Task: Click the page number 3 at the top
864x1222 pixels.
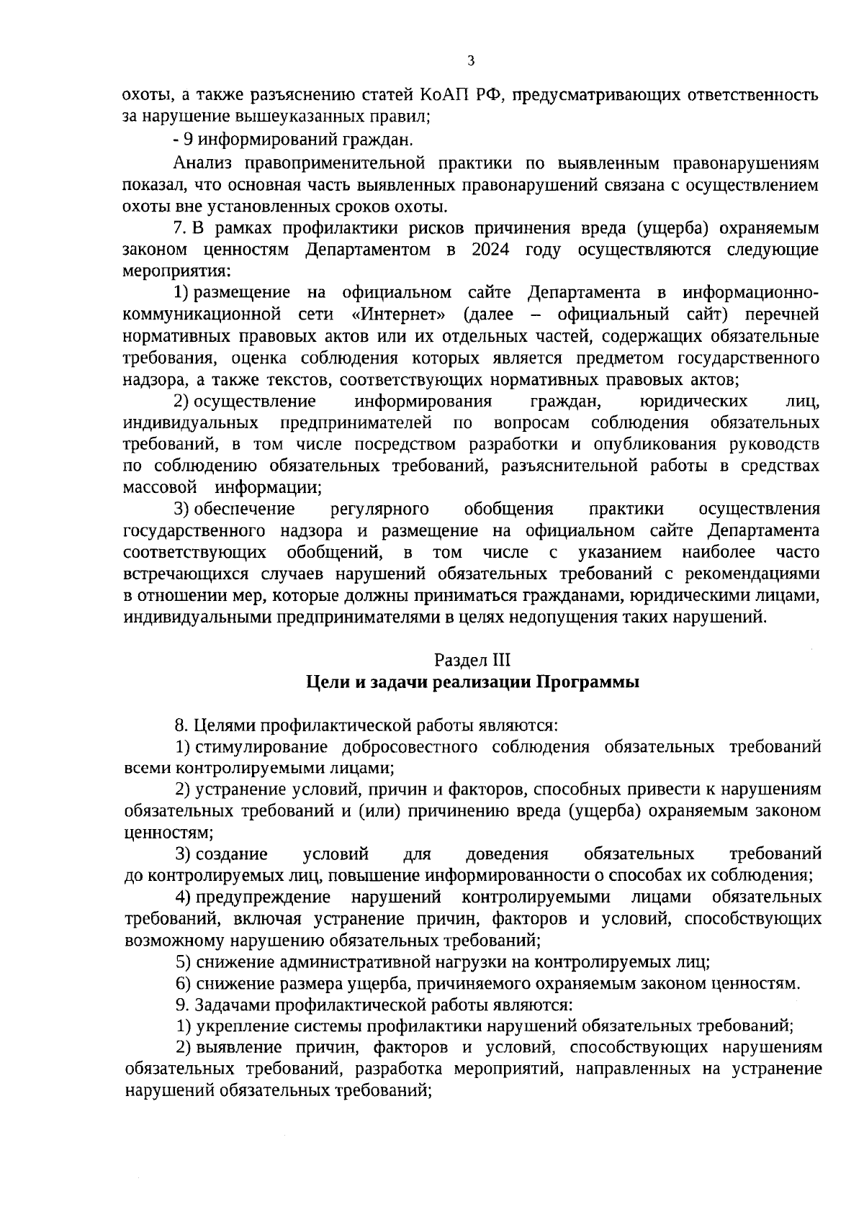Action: tap(471, 60)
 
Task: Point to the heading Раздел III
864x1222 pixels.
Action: tap(472, 660)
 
